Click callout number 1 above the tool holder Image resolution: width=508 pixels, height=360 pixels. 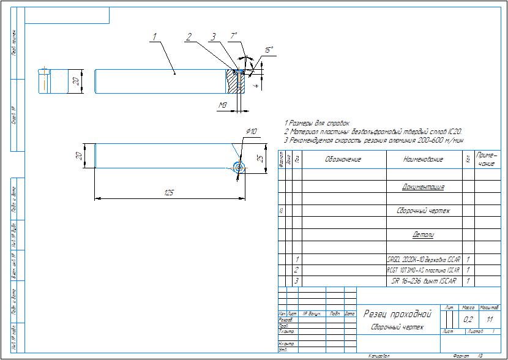tap(155, 37)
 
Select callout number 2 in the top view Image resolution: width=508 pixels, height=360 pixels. tap(190, 37)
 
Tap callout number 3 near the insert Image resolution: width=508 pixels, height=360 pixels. tap(213, 37)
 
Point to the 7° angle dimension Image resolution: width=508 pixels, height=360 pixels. tap(233, 36)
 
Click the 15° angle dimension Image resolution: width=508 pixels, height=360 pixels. tap(269, 49)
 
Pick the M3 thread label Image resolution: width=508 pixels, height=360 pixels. tap(223, 106)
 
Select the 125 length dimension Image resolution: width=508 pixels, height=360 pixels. tap(169, 193)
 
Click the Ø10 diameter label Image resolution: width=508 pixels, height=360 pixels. tap(251, 132)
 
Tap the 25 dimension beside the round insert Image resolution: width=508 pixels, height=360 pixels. tap(259, 158)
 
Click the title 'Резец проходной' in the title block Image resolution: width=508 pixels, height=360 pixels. tap(398, 314)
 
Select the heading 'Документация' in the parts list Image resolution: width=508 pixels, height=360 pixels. tap(423, 187)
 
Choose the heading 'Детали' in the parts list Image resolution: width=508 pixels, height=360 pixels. tap(423, 234)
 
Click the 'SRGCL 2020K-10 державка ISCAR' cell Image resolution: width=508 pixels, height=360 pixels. tap(424, 259)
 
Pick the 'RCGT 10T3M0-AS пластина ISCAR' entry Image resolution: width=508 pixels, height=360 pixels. tap(424, 269)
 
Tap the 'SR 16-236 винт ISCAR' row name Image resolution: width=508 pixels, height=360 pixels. tap(424, 280)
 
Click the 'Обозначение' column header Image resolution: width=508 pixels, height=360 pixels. tap(343, 160)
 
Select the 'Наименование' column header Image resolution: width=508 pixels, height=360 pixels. tap(423, 160)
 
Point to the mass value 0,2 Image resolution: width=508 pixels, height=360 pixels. tap(469, 319)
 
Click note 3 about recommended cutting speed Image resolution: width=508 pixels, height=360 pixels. tap(374, 141)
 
